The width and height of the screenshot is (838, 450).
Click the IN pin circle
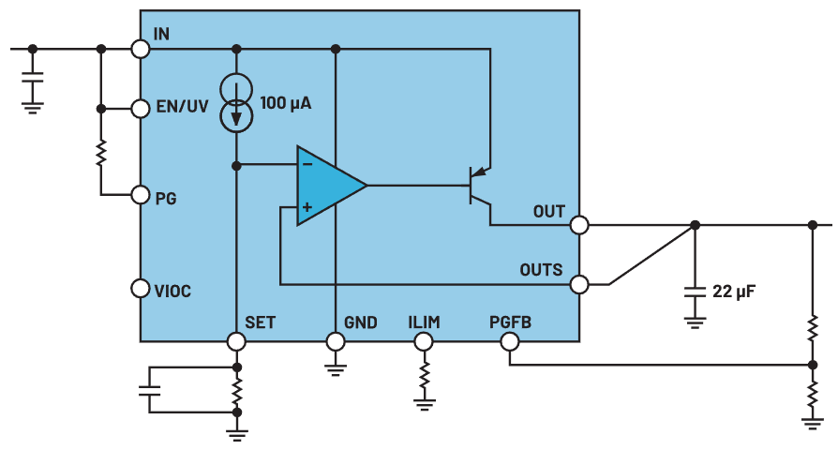pyautogui.click(x=141, y=49)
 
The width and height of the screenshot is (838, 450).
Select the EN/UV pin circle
pyautogui.click(x=141, y=109)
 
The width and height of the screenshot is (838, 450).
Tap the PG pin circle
pyautogui.click(x=141, y=195)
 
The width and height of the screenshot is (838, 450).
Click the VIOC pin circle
pyautogui.click(x=141, y=289)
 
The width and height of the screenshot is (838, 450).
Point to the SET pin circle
pyautogui.click(x=236, y=341)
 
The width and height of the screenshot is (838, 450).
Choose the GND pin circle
pyautogui.click(x=336, y=341)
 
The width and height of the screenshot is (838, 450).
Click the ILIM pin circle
pyautogui.click(x=424, y=341)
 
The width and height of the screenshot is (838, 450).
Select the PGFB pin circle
pyautogui.click(x=509, y=341)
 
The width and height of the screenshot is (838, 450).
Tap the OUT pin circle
pyautogui.click(x=579, y=225)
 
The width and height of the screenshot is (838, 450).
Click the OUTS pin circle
pyautogui.click(x=579, y=283)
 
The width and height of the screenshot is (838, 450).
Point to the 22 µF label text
pyautogui.click(x=734, y=292)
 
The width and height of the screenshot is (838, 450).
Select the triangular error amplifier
pyautogui.click(x=328, y=186)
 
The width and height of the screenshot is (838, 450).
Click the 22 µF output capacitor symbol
pyautogui.click(x=694, y=292)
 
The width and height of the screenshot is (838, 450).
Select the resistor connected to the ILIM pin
pyautogui.click(x=424, y=377)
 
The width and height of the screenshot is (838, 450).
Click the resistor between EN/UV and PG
pyautogui.click(x=100, y=152)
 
